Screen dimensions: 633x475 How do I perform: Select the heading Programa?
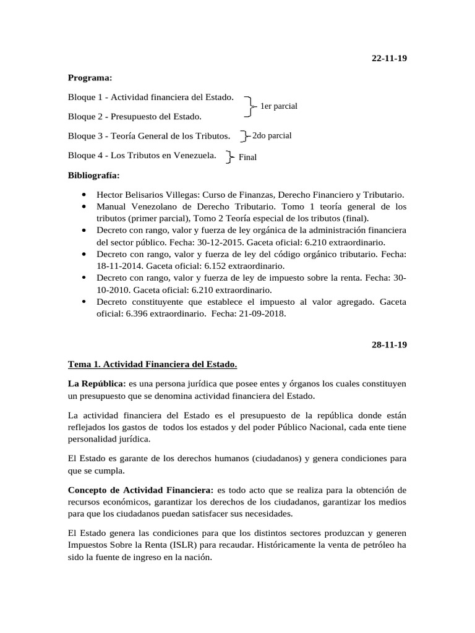(90, 78)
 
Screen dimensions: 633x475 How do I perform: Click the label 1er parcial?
(278, 106)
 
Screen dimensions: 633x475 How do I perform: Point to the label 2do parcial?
(272, 135)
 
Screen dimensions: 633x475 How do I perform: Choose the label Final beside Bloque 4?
(247, 157)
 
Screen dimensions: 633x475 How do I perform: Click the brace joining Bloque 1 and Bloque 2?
(249, 106)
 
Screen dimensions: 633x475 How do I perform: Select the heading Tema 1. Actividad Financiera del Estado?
(152, 363)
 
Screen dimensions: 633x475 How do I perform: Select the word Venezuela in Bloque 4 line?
(195, 155)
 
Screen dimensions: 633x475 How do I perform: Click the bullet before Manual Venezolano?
(83, 206)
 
